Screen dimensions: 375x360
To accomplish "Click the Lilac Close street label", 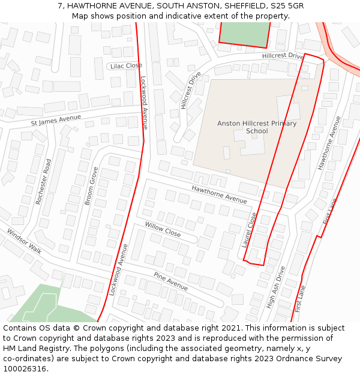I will coord(126,65).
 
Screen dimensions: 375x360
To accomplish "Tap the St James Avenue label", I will coord(56,121).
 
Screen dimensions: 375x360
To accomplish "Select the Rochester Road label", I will coord(44,182).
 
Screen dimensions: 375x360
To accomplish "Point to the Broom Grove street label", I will coord(91,186).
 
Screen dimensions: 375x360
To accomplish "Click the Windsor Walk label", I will coord(25,241).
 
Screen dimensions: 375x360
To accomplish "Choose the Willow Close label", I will coord(162,229).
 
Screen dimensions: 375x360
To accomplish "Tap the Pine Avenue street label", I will coord(170,281).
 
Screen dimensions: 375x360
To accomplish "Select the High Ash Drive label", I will coord(277,287).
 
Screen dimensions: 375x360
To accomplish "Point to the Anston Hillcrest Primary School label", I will coord(257,127).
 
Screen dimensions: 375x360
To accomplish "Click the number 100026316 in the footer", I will coord(25,368).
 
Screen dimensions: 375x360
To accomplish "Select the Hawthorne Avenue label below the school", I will coord(219,194).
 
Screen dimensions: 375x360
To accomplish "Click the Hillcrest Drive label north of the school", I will coord(283,56).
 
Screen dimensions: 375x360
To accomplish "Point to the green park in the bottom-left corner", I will coord(42,306).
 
